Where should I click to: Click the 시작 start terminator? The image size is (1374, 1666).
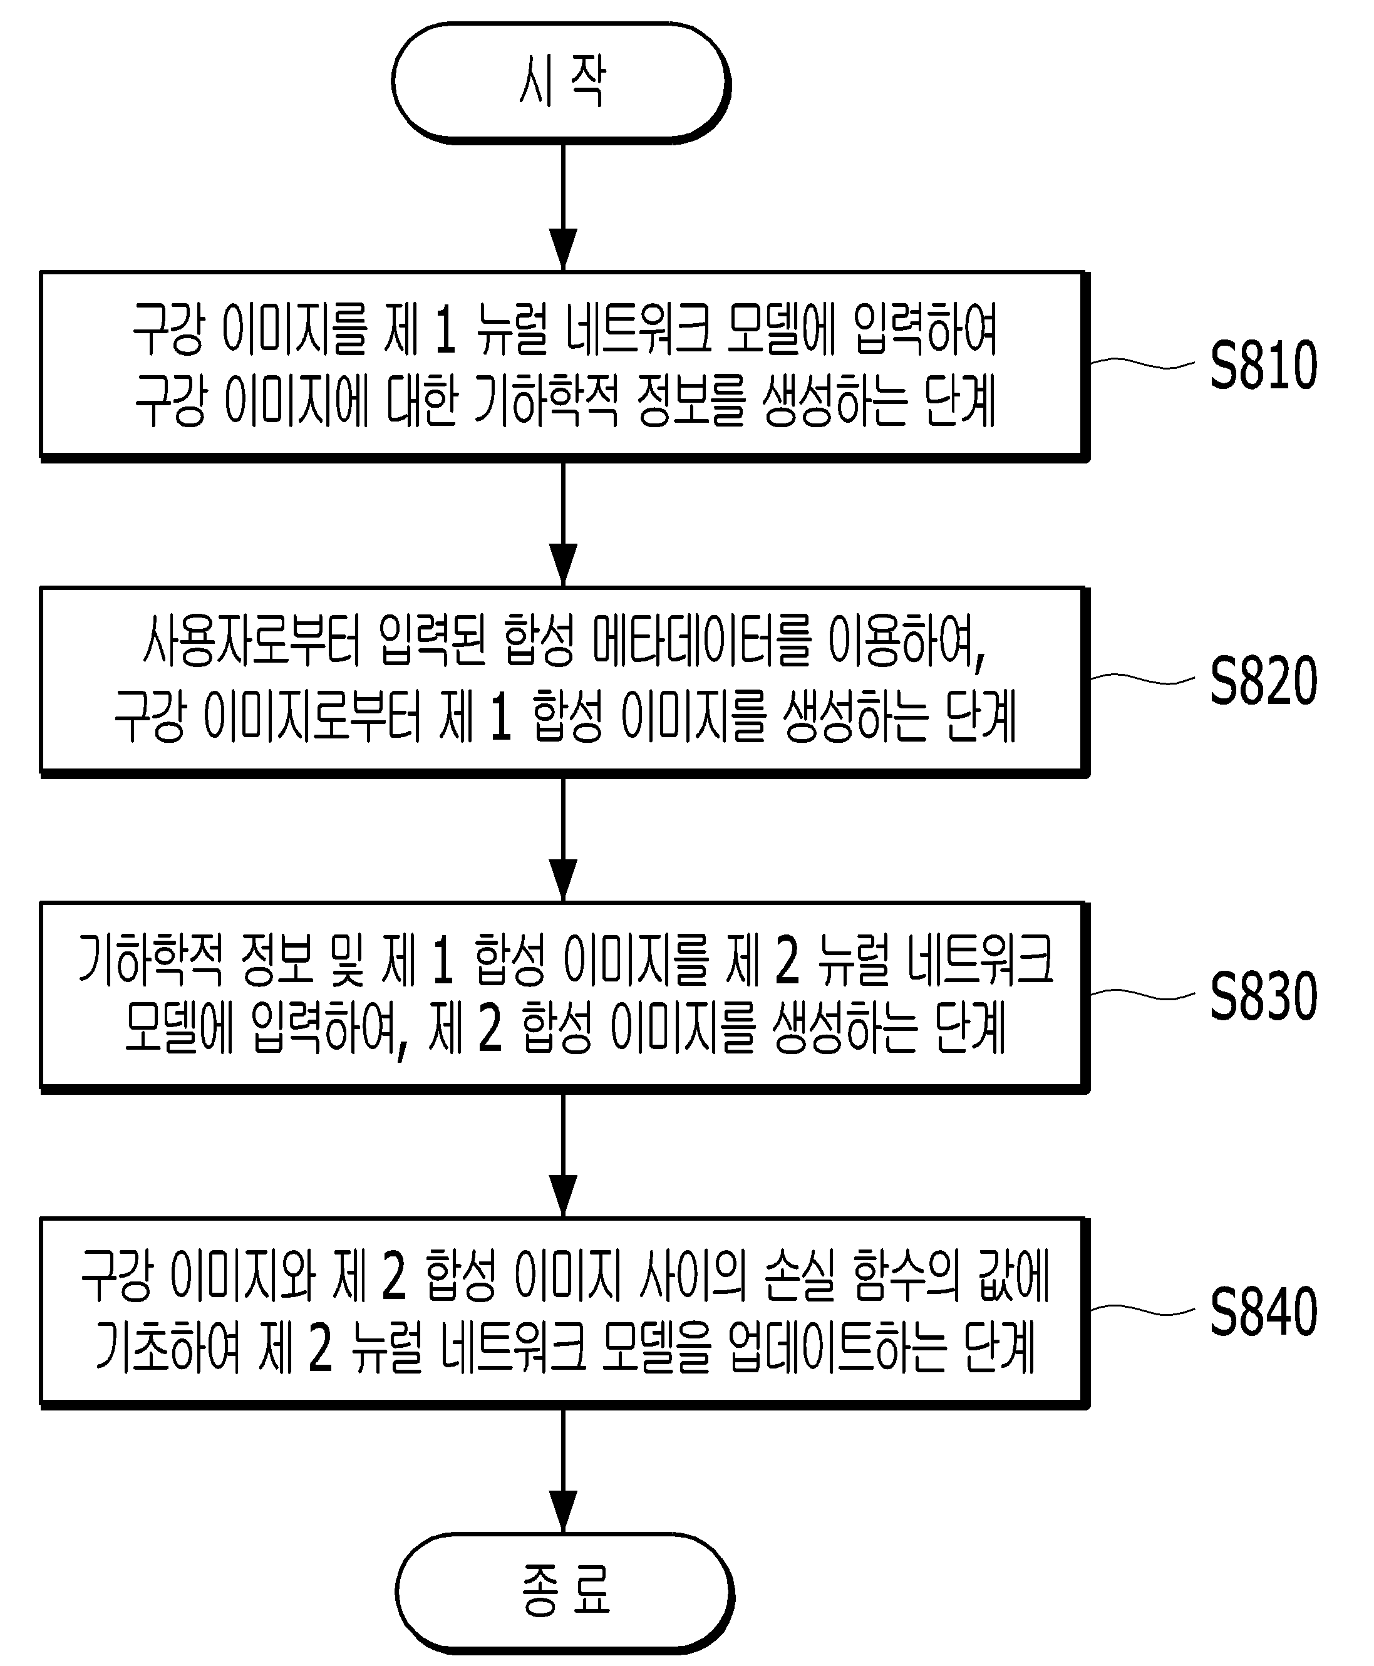tap(561, 82)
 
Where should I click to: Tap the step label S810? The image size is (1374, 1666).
tap(1264, 365)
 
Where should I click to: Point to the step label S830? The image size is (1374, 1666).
tap(1264, 996)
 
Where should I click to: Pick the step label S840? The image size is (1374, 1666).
tap(1264, 1312)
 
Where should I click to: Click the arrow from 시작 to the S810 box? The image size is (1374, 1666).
tap(563, 207)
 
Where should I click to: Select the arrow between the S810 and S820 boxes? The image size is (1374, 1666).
tap(563, 523)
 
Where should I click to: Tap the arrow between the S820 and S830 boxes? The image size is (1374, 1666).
tap(563, 839)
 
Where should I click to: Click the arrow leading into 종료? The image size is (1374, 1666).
tap(563, 1471)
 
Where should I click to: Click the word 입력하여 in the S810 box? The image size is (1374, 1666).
tap(924, 329)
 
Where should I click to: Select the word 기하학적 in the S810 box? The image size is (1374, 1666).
tap(545, 400)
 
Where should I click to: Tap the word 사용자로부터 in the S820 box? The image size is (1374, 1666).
tap(252, 640)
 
